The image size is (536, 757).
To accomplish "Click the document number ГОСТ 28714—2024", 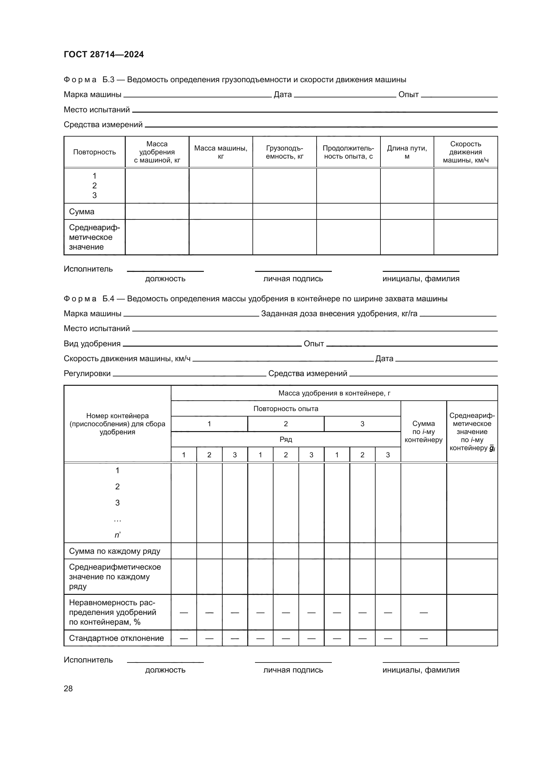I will pos(104,54).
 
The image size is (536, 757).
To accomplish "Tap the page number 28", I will pos(68,688).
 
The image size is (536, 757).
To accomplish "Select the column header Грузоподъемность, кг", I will pos(284,152).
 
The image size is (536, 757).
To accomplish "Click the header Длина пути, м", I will pos(407,152).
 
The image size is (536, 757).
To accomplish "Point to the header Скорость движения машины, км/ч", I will pos(465,152).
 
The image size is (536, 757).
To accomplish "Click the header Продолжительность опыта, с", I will pos(348,152).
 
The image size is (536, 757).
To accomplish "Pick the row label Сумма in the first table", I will pos(82,211).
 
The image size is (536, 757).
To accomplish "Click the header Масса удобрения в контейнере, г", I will pos(334,393).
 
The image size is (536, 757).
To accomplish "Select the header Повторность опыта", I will pos(285,408).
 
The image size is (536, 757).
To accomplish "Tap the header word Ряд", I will pos(285,439).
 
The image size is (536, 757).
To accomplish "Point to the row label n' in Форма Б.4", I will pos(118,535).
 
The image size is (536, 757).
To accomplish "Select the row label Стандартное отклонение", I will pos(116,638).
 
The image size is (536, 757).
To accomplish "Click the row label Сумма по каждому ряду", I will pos(114,551).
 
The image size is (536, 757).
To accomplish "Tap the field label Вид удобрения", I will pos(92,344).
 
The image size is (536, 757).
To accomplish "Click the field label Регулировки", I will pos(87,373).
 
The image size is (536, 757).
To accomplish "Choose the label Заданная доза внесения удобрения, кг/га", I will pos(339,314).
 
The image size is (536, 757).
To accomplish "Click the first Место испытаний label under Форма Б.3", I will pos(97,109).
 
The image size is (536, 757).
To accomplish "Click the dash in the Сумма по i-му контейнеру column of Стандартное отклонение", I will pos(424,638).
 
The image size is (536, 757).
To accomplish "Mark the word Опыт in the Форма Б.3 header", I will pos(408,95).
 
